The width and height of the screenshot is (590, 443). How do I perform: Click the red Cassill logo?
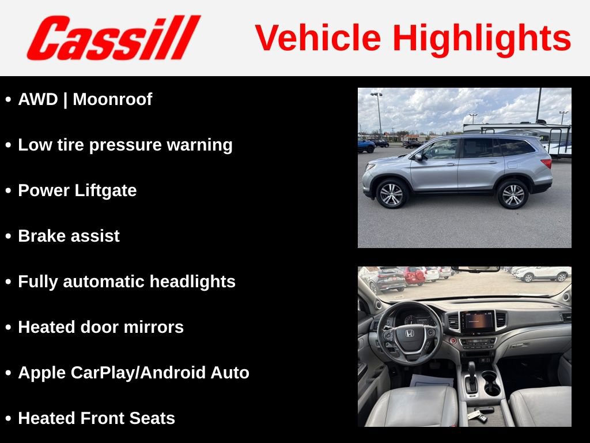click(x=114, y=37)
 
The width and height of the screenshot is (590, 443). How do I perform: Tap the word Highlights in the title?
click(x=482, y=38)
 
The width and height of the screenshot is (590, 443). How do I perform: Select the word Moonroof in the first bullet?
click(x=112, y=99)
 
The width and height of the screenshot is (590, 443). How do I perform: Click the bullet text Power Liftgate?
click(x=77, y=190)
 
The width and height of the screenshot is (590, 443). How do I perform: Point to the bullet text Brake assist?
click(x=69, y=236)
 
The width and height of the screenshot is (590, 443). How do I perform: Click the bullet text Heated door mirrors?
click(x=101, y=327)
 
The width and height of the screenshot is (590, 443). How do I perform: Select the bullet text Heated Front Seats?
click(x=96, y=418)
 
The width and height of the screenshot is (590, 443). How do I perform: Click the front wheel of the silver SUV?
click(x=392, y=194)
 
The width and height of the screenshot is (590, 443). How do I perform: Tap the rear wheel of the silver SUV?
click(x=512, y=194)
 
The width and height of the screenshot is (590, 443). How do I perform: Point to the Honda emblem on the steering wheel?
click(x=409, y=333)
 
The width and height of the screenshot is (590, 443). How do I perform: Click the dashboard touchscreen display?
click(x=477, y=321)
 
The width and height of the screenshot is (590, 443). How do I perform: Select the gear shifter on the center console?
click(x=471, y=375)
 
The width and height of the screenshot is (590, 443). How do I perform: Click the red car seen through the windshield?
click(x=413, y=276)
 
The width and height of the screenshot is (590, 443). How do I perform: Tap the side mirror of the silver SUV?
click(x=418, y=156)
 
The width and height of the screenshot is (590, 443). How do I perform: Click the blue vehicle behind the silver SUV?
click(x=366, y=145)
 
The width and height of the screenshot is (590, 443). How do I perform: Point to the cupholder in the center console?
click(x=491, y=384)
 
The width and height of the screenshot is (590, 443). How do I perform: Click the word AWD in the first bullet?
click(x=38, y=99)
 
